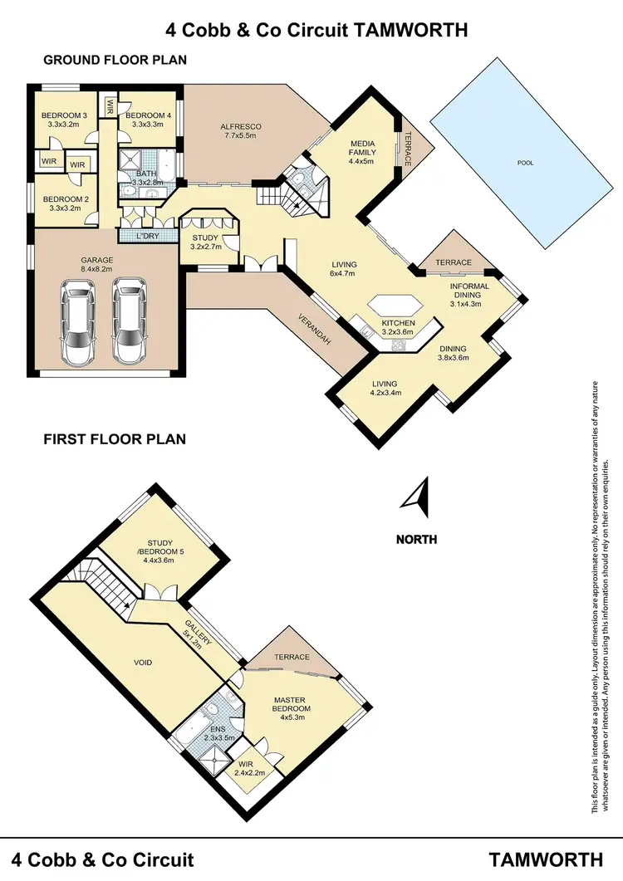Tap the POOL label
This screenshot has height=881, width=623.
point(525,164)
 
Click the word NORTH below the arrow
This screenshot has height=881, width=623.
point(416,539)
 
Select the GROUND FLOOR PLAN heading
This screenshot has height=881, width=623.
point(115,60)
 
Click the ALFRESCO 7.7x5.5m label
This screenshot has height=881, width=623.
point(235,131)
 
